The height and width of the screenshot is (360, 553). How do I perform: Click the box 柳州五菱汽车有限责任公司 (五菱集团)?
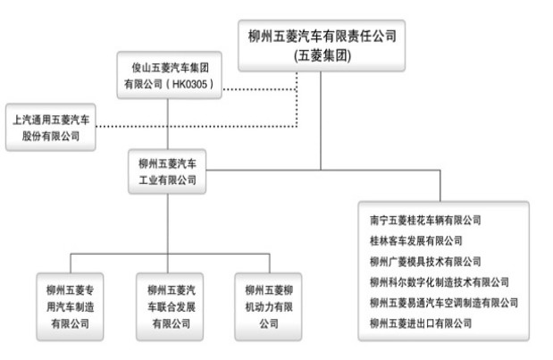[321, 44]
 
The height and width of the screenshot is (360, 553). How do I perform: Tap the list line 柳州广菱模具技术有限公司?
[425, 261]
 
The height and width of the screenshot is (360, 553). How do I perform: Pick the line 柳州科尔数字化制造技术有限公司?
[439, 281]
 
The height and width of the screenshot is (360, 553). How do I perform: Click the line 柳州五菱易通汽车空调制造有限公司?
[443, 302]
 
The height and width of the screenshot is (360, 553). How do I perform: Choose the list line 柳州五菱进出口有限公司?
[420, 322]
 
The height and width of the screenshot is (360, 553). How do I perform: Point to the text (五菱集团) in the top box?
[321, 55]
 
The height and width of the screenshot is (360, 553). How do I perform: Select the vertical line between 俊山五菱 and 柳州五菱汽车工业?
[168, 125]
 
